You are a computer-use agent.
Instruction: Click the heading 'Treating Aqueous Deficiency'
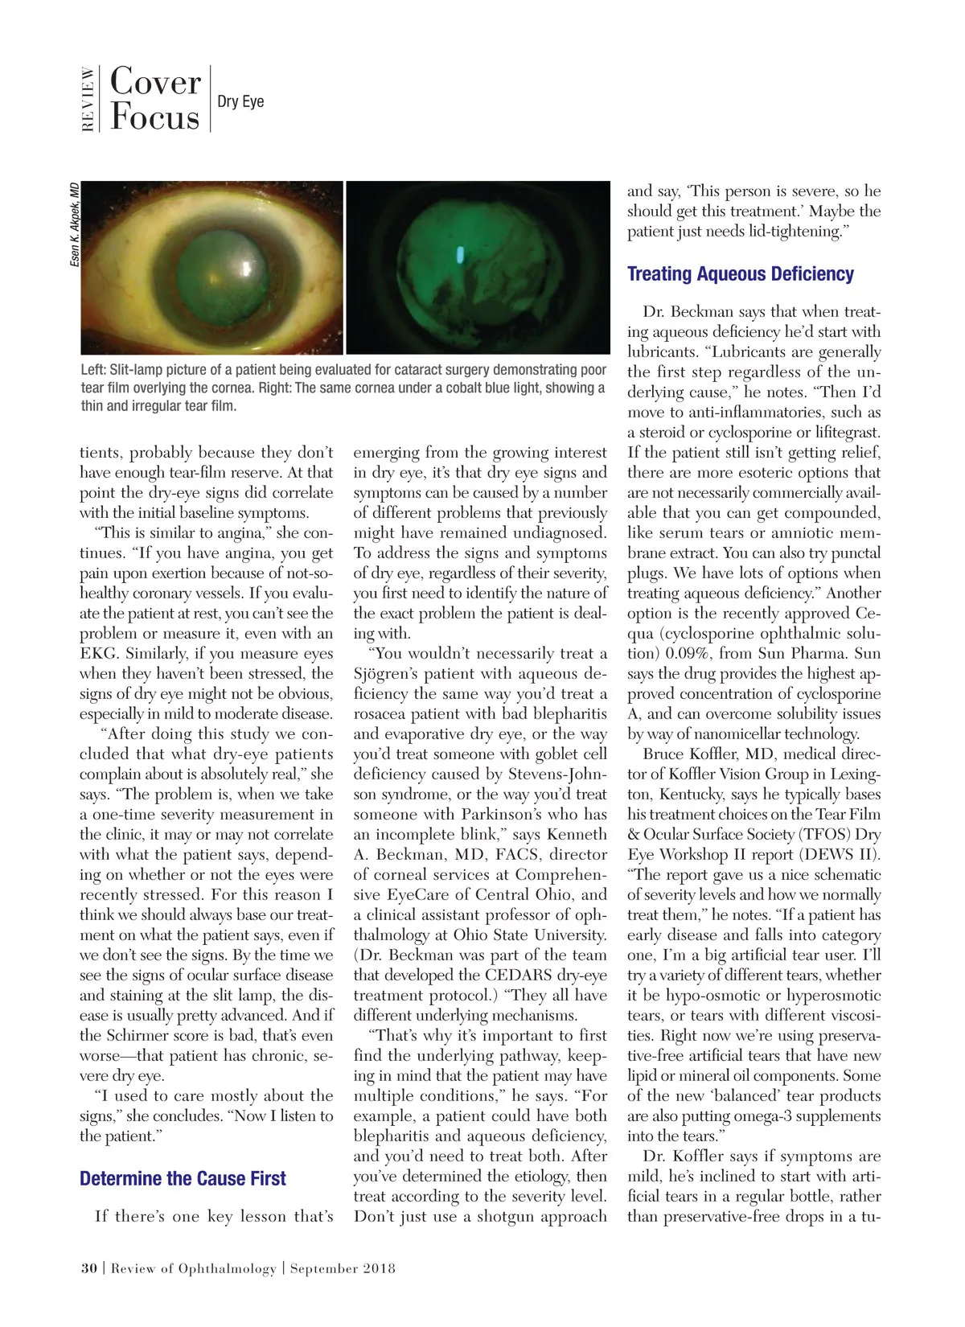point(740,274)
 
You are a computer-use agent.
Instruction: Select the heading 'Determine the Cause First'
point(183,1179)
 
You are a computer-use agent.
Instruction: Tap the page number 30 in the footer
point(88,1268)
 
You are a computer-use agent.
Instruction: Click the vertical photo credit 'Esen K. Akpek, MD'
point(74,225)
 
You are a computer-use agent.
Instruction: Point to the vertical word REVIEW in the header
point(88,99)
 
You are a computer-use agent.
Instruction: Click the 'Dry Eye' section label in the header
point(240,101)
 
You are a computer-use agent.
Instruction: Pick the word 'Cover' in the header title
point(155,81)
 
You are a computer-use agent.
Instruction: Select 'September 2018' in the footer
point(343,1268)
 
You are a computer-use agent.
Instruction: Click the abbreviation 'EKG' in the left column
point(98,654)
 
